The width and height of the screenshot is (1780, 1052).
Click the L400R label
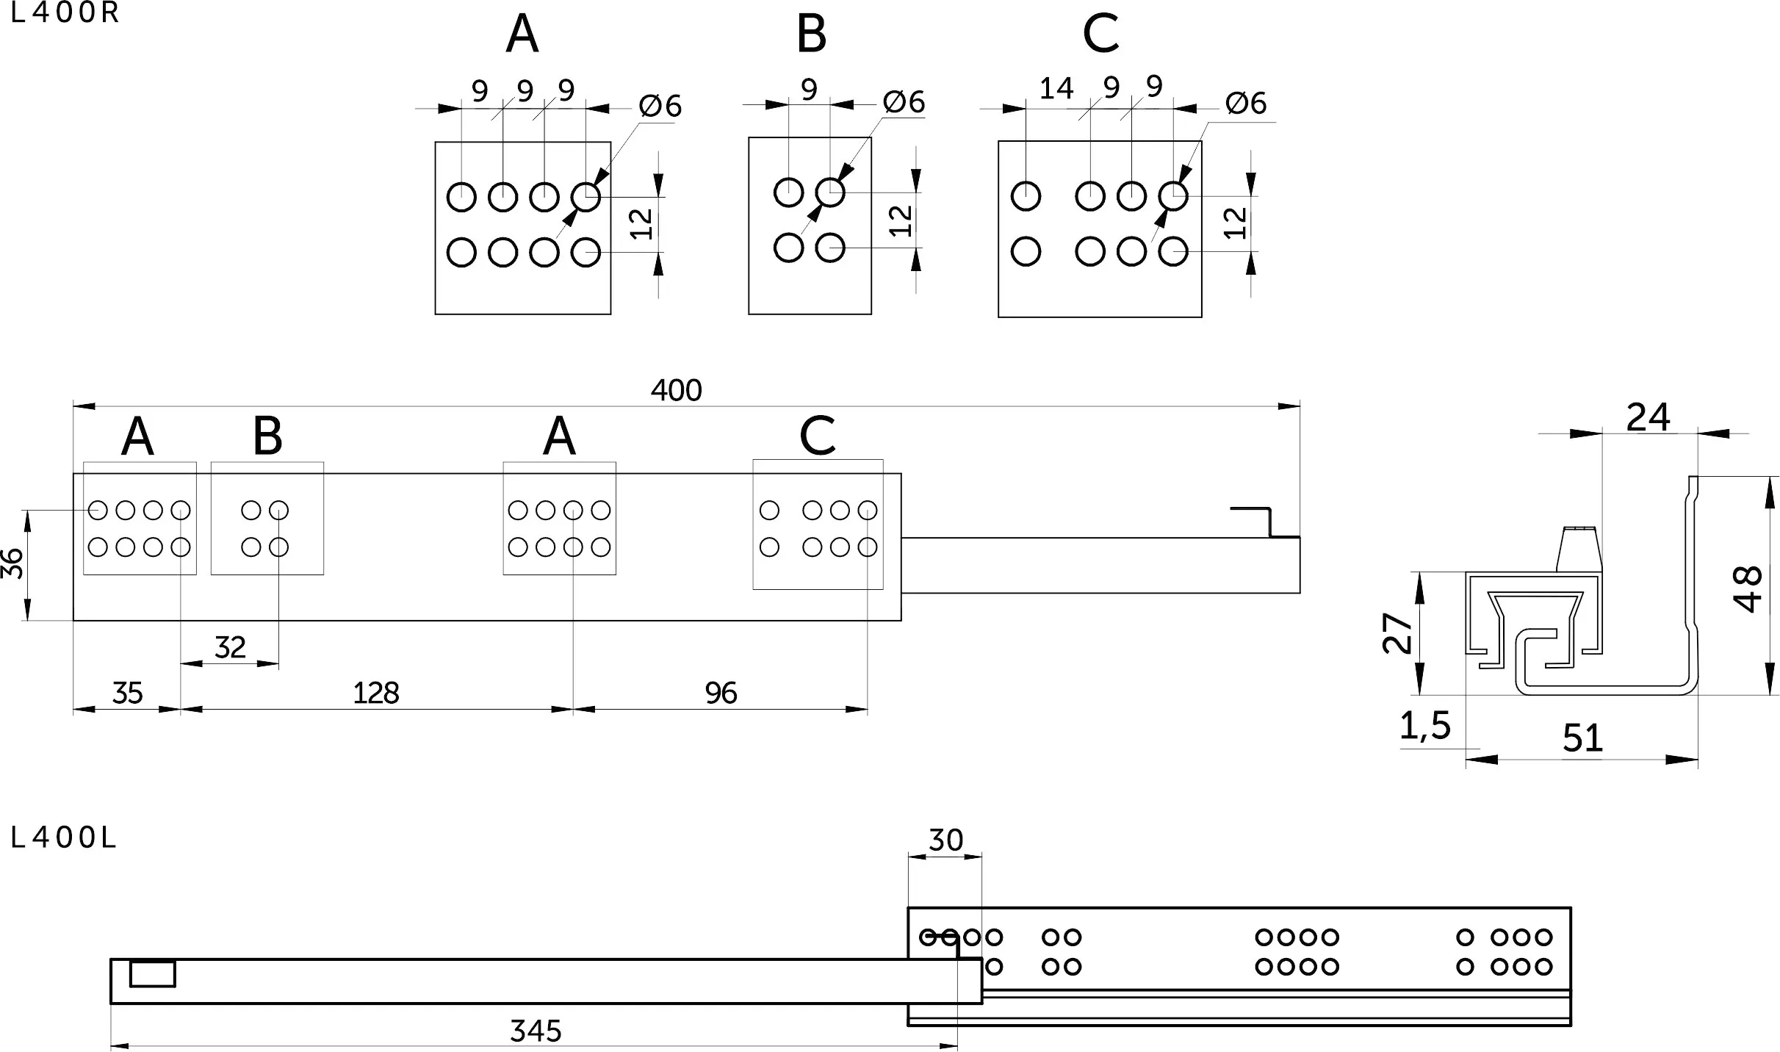pos(65,14)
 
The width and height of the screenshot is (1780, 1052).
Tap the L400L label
pos(64,838)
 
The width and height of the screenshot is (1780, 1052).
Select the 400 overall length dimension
pos(676,390)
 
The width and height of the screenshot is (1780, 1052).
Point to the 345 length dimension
pos(536,1031)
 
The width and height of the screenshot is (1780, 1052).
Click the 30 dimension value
pos(945,840)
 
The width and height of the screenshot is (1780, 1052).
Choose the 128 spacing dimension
pos(375,693)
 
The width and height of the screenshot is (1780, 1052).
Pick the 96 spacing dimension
pos(721,693)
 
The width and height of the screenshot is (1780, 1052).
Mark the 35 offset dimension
pos(127,693)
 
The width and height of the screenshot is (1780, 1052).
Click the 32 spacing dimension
pos(230,647)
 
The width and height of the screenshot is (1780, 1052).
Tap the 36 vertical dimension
pos(12,563)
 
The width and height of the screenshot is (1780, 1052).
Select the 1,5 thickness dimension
pos(1424,727)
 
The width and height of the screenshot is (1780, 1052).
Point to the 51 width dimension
pos(1582,738)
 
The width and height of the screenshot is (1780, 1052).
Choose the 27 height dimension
pos(1397,633)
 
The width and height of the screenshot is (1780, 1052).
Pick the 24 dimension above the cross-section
pos(1649,417)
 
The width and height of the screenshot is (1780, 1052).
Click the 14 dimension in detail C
pos(1056,89)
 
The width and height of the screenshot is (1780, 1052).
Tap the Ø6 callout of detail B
pos(904,101)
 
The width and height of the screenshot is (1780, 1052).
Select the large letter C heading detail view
pos(1100,33)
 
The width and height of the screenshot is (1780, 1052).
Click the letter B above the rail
pos(267,436)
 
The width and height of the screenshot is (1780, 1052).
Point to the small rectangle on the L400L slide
pos(153,973)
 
